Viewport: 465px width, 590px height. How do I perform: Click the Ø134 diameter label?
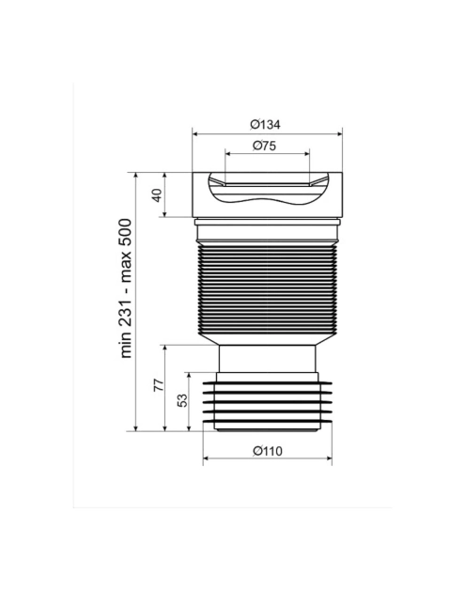[x=265, y=124]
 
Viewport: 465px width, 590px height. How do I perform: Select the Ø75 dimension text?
[x=264, y=146]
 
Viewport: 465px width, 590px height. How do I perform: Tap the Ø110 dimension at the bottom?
[x=267, y=451]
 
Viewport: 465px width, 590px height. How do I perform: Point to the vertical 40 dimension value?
[x=157, y=194]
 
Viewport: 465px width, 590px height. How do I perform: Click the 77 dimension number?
[x=159, y=385]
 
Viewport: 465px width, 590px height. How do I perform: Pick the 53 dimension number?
[x=182, y=400]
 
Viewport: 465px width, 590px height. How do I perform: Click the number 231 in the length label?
[x=126, y=311]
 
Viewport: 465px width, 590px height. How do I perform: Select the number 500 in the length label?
[x=126, y=232]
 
